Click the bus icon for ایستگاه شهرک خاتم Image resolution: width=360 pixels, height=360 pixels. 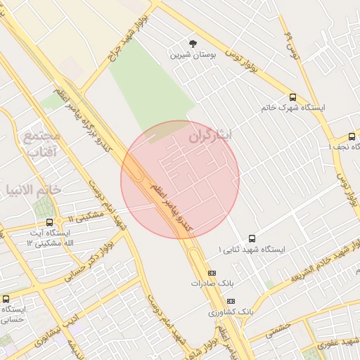point(292,98)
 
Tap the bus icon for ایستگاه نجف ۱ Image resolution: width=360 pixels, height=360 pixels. point(352,136)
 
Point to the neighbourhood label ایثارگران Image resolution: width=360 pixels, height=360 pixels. point(211,136)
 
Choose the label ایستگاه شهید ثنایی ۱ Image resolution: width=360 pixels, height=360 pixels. point(251,250)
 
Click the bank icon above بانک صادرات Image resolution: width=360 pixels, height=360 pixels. point(212,273)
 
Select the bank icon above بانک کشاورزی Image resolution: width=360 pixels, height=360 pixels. point(231,300)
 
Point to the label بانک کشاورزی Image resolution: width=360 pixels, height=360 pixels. point(231,311)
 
